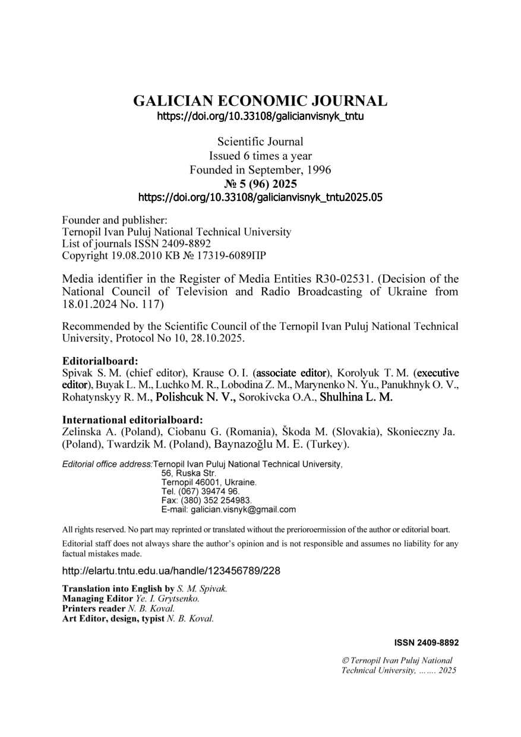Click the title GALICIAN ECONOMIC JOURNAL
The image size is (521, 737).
[260, 101]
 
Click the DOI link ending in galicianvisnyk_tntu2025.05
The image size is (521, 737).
[260, 197]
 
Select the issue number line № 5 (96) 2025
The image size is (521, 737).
[260, 184]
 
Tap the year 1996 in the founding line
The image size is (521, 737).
[318, 170]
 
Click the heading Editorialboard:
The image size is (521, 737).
[100, 361]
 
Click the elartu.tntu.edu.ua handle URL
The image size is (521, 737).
[171, 571]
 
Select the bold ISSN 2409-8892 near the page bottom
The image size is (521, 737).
[426, 642]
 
